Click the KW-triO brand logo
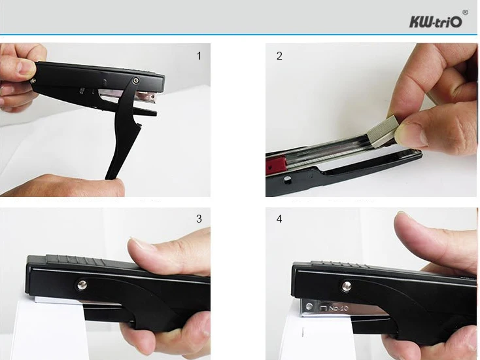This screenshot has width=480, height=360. pos(436,22)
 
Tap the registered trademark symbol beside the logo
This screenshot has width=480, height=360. pos(465,12)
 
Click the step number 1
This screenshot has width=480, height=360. pos(199,56)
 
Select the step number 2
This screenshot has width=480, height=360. pos(279,56)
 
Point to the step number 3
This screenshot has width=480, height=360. pos(199,219)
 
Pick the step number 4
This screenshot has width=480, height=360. pos(279,219)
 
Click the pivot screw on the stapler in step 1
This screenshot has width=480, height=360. pos(136,81)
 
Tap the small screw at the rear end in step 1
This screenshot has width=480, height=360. pos(33,81)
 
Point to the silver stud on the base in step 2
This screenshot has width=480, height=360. pos(287,179)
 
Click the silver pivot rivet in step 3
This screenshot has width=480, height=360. pos(82,285)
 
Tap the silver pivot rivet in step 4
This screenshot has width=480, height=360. pos(346,286)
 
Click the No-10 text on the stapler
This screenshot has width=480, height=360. pos(339,308)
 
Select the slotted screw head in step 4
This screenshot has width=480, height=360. pos(309,306)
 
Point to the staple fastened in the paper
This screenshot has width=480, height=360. pos(303,332)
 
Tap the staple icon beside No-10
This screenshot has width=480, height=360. pos(324,308)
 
